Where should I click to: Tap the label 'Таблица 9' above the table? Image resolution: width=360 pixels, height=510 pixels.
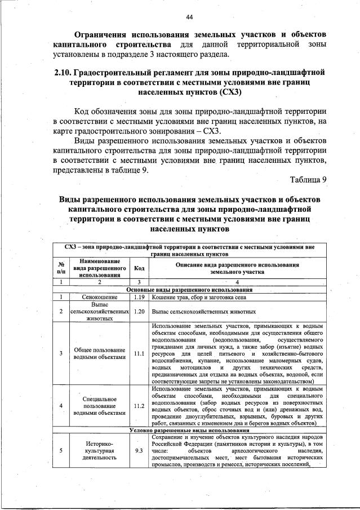308,180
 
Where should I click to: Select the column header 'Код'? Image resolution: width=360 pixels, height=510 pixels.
139,268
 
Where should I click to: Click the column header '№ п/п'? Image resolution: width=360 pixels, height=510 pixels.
60,268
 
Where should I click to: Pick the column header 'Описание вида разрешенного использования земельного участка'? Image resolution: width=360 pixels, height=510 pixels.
237,268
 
